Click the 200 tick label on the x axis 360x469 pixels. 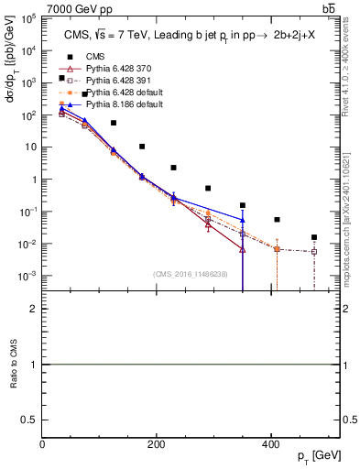pos(157,444)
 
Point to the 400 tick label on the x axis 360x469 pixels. pos(271,444)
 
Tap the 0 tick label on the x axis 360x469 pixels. pos(42,444)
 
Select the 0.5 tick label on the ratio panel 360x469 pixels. pos(31,420)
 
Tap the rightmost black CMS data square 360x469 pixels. pos(314,237)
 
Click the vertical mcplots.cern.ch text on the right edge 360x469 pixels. pos(352,202)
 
